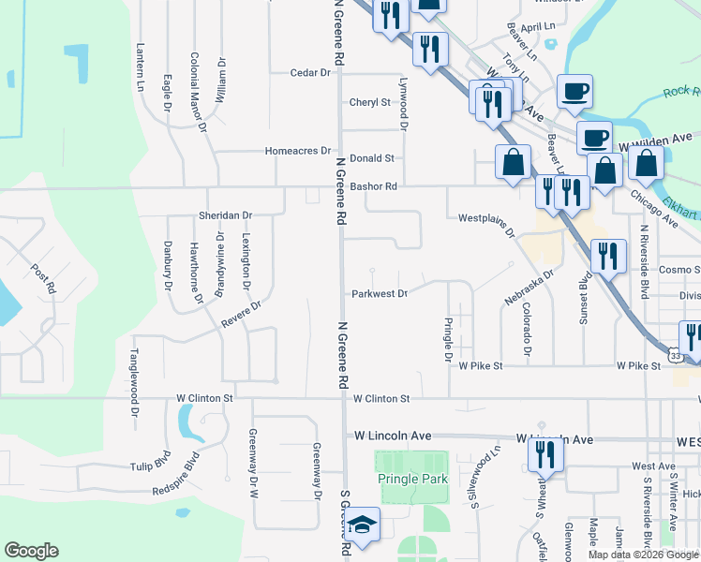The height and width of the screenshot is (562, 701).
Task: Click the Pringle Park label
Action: pos(412,479)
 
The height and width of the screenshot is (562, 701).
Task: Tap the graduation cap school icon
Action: pos(362,527)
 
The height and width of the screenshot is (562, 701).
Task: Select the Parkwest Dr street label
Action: pos(379,293)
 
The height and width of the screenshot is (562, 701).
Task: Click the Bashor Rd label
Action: pos(374,186)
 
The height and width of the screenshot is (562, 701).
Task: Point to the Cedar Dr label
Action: pos(311,72)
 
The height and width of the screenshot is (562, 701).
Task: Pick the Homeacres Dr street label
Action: pos(298,150)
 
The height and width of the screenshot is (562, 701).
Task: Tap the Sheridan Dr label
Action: pos(226,215)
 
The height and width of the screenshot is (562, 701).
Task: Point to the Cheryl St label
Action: pos(369,102)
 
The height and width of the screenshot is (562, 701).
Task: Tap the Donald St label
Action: pos(372,159)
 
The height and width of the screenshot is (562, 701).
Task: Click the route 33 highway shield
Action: pos(675,355)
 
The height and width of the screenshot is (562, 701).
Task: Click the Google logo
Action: pos(31,551)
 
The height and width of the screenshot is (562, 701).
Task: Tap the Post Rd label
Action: pos(41,279)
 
